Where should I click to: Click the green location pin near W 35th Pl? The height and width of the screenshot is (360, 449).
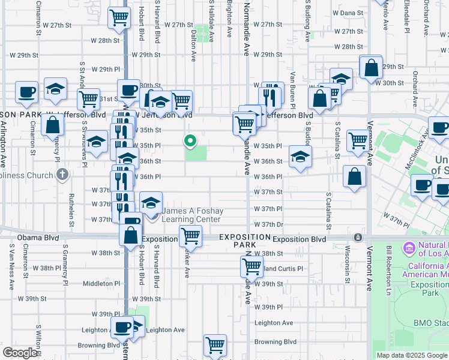[190, 141]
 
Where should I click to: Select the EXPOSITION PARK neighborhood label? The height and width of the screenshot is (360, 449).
[244, 241]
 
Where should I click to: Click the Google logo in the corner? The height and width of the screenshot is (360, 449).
[20, 353]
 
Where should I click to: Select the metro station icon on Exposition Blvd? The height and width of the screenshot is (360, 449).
[358, 237]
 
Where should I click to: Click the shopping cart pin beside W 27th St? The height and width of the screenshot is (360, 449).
[119, 18]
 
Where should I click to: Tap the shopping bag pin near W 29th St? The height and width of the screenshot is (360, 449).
[371, 67]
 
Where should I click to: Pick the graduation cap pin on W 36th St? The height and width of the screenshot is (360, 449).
[300, 157]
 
